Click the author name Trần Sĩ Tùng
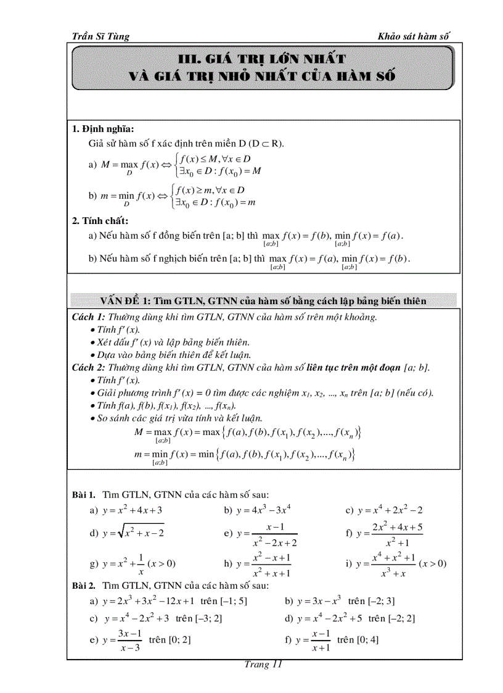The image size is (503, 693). coord(101,36)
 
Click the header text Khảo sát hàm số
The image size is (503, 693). coord(414,36)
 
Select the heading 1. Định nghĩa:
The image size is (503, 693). coord(103,129)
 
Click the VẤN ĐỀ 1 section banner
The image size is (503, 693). coord(264,301)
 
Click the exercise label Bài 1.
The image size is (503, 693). coord(84,495)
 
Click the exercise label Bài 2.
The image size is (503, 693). coord(84,586)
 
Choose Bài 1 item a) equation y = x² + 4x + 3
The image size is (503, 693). coord(132,510)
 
